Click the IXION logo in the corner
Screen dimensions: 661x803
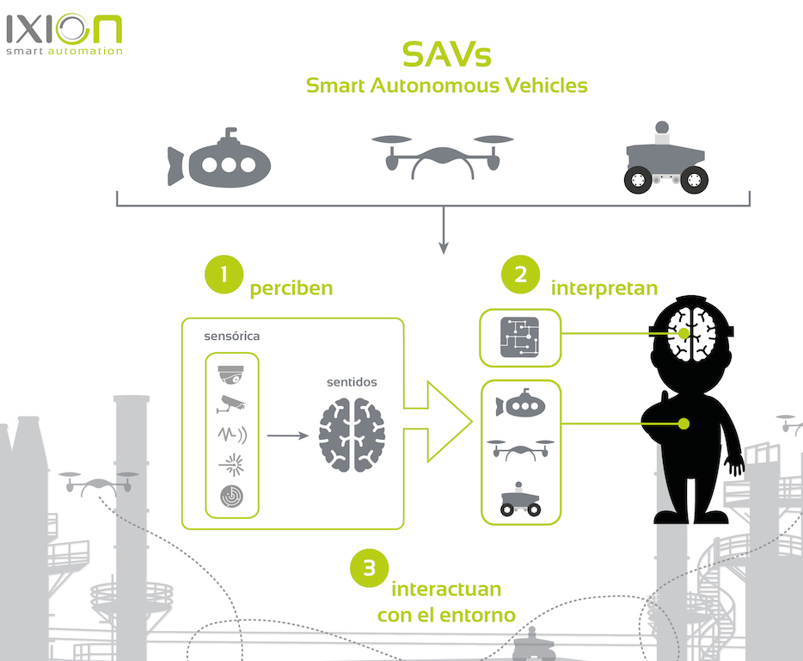point(64,34)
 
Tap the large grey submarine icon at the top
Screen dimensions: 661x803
point(219,161)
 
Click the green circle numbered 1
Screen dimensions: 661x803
point(224,275)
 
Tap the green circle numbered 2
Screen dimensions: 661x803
point(521,275)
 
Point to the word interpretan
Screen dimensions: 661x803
point(604,288)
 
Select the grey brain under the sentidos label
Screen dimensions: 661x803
point(352,436)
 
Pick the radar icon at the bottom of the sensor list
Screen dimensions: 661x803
point(231,496)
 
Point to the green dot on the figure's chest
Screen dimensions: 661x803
point(684,423)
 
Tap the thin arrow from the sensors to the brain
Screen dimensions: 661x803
point(287,436)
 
